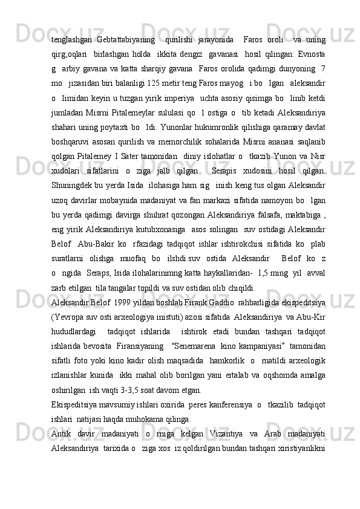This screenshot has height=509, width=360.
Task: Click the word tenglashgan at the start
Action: (71, 40)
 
